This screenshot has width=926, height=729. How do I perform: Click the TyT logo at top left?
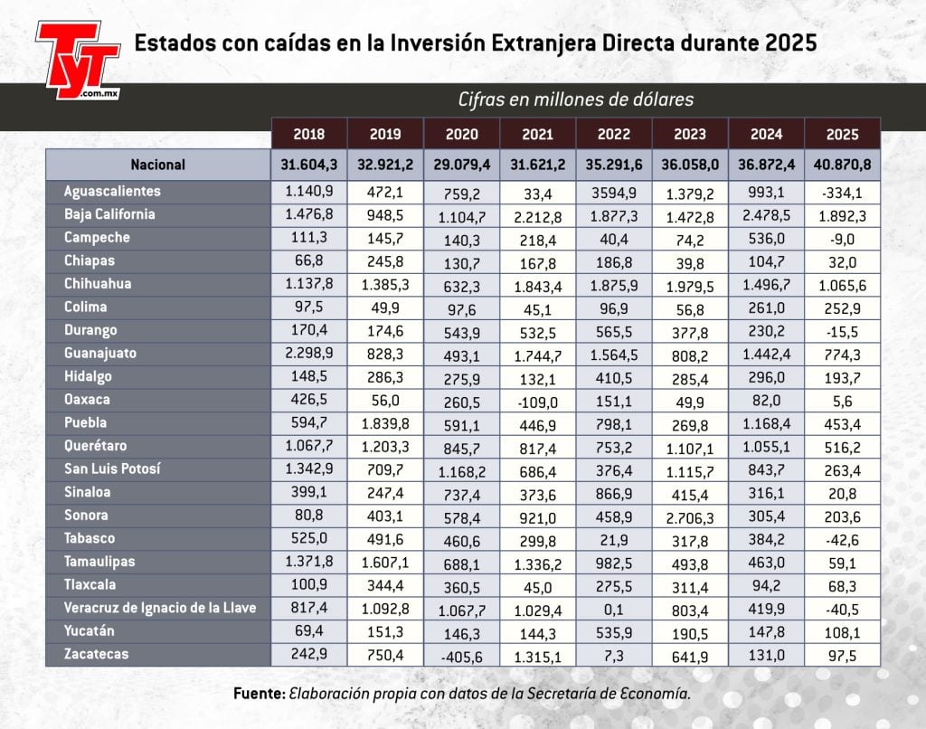(x=78, y=59)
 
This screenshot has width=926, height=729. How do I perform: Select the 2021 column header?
(x=538, y=135)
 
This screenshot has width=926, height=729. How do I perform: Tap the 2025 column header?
(x=842, y=135)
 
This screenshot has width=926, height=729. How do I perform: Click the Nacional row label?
(x=157, y=165)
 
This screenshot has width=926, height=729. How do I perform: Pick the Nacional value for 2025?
(x=842, y=166)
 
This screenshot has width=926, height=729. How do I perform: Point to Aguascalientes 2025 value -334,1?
(x=842, y=193)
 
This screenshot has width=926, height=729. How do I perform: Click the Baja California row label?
(x=109, y=215)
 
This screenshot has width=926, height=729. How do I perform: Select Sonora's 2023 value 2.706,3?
(x=690, y=516)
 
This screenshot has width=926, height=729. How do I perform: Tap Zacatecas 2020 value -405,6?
(x=462, y=654)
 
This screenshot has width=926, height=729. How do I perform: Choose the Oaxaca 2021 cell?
(x=538, y=400)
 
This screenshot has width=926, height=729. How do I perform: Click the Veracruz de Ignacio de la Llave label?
(x=160, y=608)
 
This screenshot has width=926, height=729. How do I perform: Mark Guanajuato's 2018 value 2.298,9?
(x=309, y=354)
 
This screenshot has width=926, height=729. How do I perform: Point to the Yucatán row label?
(x=90, y=630)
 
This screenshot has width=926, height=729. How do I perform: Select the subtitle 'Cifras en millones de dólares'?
(x=575, y=99)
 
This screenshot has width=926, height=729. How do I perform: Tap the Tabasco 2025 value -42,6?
(x=842, y=539)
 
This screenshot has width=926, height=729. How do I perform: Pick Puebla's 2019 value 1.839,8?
(x=386, y=422)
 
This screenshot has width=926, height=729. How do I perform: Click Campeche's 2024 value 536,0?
(x=766, y=239)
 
